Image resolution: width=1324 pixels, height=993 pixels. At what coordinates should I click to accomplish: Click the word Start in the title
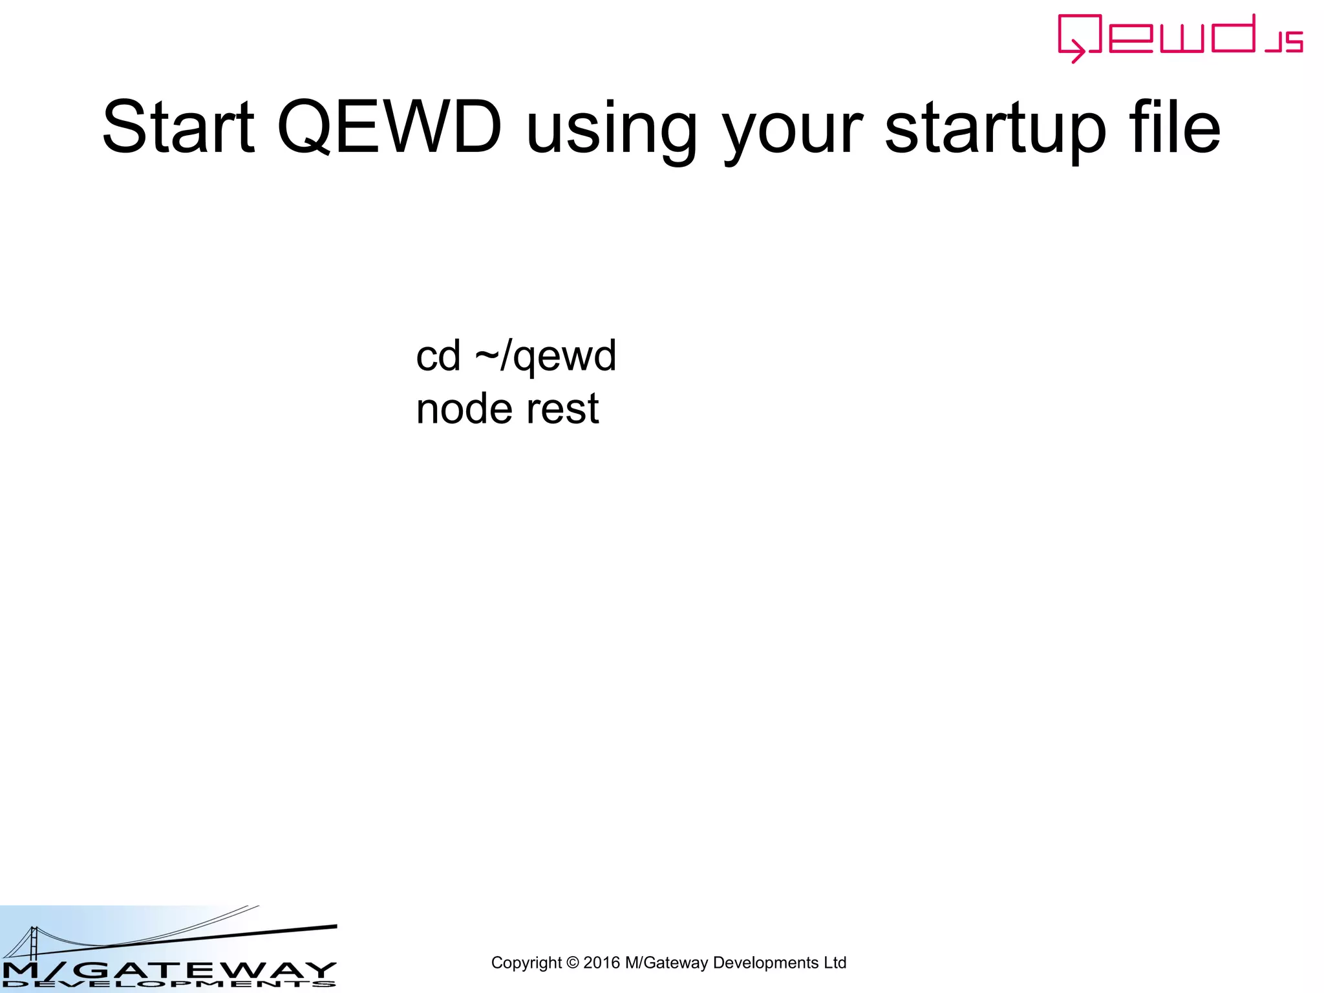coord(178,127)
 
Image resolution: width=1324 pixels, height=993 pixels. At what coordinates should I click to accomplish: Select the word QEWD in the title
coord(389,127)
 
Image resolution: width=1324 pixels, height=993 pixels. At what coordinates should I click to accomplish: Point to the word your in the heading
coord(793,133)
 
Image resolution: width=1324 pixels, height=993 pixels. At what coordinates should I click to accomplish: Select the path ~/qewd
coord(546,357)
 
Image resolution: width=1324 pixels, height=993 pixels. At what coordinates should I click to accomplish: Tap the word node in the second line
coord(464,409)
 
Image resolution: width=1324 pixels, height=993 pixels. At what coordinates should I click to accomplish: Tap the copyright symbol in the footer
coord(572,963)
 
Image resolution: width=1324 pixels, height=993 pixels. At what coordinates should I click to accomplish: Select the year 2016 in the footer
coord(601,963)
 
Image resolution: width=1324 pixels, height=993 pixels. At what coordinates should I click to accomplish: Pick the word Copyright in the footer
coord(526,963)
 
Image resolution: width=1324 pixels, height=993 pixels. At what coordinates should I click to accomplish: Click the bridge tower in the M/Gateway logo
coord(32,943)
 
